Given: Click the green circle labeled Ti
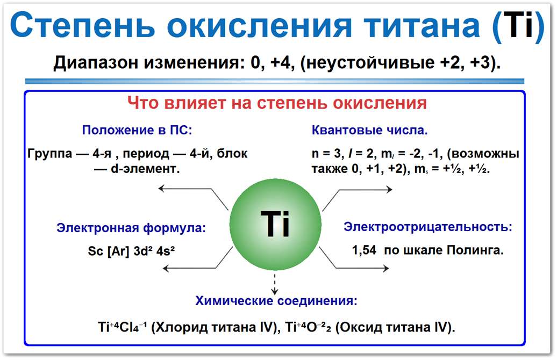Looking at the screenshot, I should (275, 225).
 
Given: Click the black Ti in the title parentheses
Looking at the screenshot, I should (522, 25).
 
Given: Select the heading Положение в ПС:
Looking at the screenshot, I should (137, 130).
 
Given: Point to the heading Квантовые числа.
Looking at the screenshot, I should (370, 130).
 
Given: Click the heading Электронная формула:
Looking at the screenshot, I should (131, 228).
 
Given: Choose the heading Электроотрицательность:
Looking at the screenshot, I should (428, 226).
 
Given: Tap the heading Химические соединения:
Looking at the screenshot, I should (276, 300).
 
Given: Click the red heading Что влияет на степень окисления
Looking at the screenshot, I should (277, 103).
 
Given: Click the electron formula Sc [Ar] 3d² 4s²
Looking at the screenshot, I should (132, 251).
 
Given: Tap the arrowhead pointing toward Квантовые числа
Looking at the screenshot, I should (390, 188).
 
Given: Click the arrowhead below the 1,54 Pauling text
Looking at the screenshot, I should (388, 267).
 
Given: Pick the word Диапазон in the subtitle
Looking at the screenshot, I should (95, 63).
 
